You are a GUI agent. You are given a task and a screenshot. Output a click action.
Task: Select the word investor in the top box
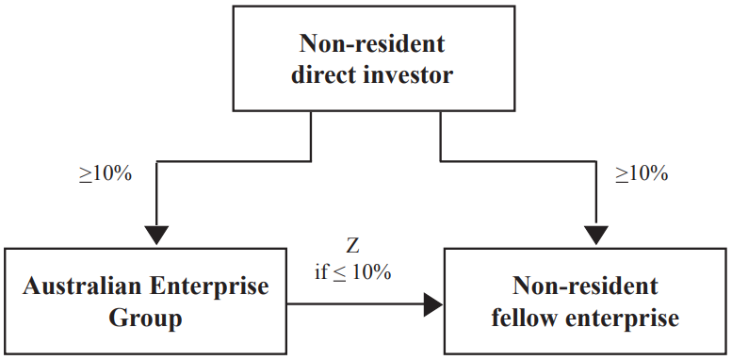coord(407,74)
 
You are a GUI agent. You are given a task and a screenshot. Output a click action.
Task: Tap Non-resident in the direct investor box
coord(372,44)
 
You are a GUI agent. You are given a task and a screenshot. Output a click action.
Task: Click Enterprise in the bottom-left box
coord(214,286)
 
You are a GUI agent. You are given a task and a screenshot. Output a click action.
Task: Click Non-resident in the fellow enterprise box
coord(585,286)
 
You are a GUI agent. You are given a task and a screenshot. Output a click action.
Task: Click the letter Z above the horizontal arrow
coord(352,248)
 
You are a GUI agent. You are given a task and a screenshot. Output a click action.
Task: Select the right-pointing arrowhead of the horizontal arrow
coord(432,303)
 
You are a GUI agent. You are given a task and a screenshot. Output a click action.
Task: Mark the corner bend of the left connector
coord(155,161)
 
